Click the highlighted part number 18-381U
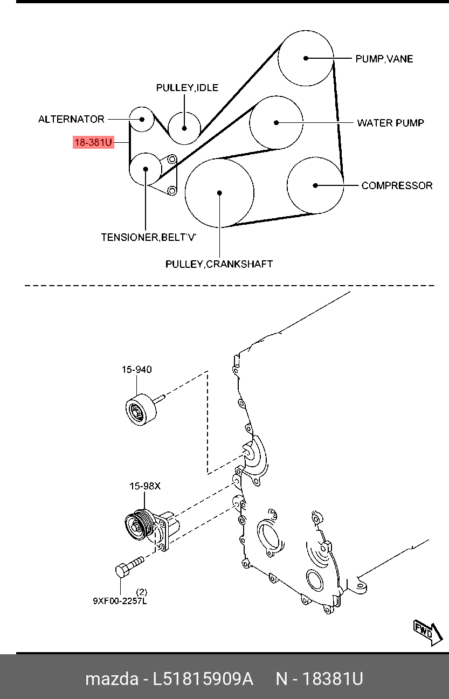(x=93, y=142)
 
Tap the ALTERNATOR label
(x=71, y=119)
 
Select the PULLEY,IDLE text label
(x=187, y=88)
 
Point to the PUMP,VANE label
(x=384, y=59)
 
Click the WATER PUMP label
(x=390, y=123)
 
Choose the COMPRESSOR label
(x=397, y=185)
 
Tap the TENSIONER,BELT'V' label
(x=149, y=237)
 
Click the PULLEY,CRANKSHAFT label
(x=219, y=264)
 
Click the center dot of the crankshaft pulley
(x=219, y=193)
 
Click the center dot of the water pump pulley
(x=276, y=123)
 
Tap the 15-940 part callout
(x=137, y=370)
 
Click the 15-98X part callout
(x=145, y=486)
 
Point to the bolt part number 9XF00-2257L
(x=120, y=601)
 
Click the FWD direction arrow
(x=428, y=632)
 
